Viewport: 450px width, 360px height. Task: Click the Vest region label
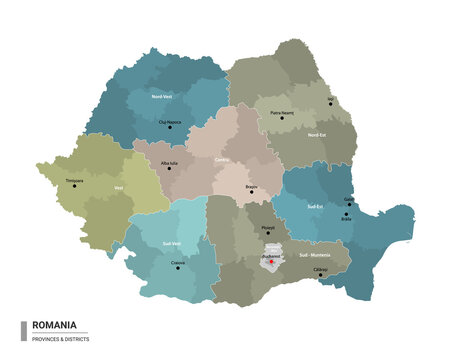[119, 187]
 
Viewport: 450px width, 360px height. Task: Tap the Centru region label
[223, 158]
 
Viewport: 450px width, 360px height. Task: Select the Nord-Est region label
[317, 134]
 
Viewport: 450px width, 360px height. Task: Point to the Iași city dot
[330, 105]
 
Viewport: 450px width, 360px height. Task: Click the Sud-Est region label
[313, 205]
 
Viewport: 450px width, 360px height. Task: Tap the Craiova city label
[178, 262]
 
